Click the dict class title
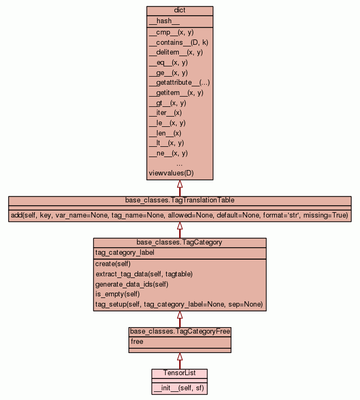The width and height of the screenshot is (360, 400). click(x=180, y=11)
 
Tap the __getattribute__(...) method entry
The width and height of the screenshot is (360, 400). click(x=179, y=83)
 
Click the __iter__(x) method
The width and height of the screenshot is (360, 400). click(x=165, y=113)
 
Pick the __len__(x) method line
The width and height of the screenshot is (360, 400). click(x=165, y=133)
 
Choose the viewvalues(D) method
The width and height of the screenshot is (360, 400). click(x=171, y=173)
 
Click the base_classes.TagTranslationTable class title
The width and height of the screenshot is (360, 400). click(x=180, y=200)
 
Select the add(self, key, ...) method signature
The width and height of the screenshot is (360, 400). click(x=180, y=215)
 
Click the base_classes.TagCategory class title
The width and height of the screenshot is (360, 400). click(x=180, y=242)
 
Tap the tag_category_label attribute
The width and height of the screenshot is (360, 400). click(x=125, y=253)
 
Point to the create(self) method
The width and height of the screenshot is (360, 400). click(x=113, y=263)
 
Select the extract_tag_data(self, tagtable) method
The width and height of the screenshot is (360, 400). click(x=144, y=274)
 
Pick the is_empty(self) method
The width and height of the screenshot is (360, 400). click(x=117, y=294)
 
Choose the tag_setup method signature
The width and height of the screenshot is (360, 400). click(x=179, y=304)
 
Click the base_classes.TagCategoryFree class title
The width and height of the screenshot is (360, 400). click(x=180, y=331)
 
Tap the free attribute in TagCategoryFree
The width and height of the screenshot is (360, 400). click(x=137, y=342)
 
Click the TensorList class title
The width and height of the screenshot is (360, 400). click(x=179, y=373)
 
